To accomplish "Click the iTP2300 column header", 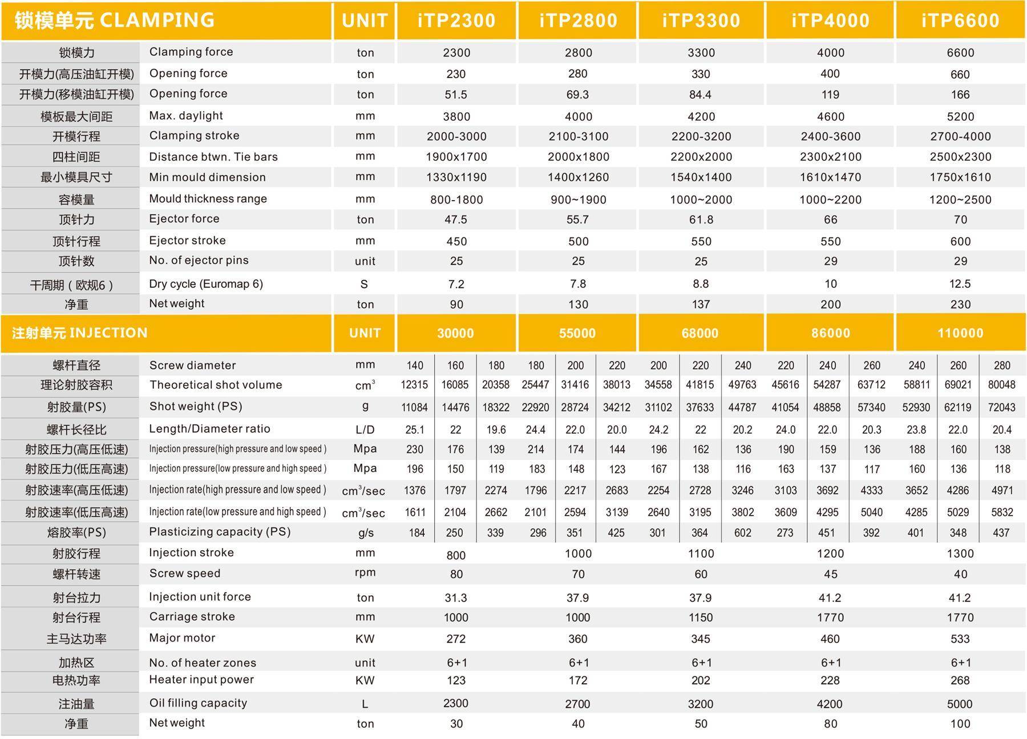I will (x=456, y=21).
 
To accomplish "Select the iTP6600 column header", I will (x=960, y=21).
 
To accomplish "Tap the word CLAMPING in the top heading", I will (x=157, y=20).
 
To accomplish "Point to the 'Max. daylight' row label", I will (x=186, y=116).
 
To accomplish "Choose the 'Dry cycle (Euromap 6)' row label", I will (x=206, y=283).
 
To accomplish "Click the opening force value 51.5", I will (x=456, y=95).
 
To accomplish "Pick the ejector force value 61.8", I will (x=701, y=220).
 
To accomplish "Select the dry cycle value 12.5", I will (x=960, y=283).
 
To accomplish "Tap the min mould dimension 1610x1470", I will (x=830, y=177).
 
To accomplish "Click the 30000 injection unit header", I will (x=455, y=333).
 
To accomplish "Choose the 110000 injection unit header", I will (x=960, y=333).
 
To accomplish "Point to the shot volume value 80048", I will (x=1001, y=385).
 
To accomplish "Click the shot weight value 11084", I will (x=414, y=407).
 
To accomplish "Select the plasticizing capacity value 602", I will (x=742, y=533).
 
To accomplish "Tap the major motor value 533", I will (x=960, y=639).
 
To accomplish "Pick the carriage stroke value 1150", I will (x=701, y=618).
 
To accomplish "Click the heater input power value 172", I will (x=578, y=680).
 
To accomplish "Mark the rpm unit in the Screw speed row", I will (x=365, y=572).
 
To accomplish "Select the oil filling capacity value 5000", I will (x=960, y=704).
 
